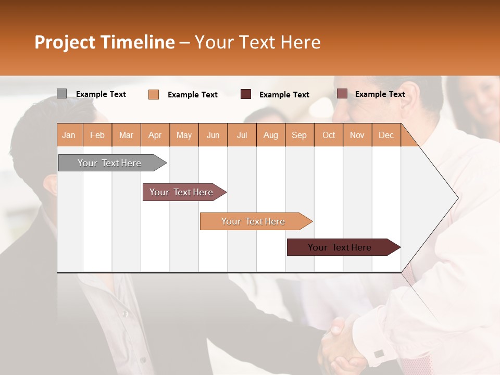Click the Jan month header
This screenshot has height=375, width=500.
coord(69,135)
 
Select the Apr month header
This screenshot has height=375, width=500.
coord(155,135)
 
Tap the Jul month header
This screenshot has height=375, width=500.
coord(242,135)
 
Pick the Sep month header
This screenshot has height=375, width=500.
coord(299,135)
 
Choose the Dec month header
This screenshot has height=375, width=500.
coord(386,135)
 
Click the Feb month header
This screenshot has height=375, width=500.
coord(97,135)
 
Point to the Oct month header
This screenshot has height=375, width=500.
coord(329,135)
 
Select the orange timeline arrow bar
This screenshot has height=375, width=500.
coord(254,221)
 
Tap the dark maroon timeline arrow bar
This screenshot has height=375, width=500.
coord(341,247)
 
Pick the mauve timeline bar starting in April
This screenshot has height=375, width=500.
coord(182,192)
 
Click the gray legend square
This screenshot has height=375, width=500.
coord(61,94)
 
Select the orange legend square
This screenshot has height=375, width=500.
coord(154,94)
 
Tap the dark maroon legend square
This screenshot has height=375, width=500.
coord(246,94)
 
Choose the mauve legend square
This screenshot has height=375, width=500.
coord(342,94)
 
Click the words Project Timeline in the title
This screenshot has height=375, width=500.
coord(104,42)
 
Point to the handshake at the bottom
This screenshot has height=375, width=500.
coord(341,344)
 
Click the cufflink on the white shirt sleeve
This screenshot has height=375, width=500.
coord(379,354)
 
